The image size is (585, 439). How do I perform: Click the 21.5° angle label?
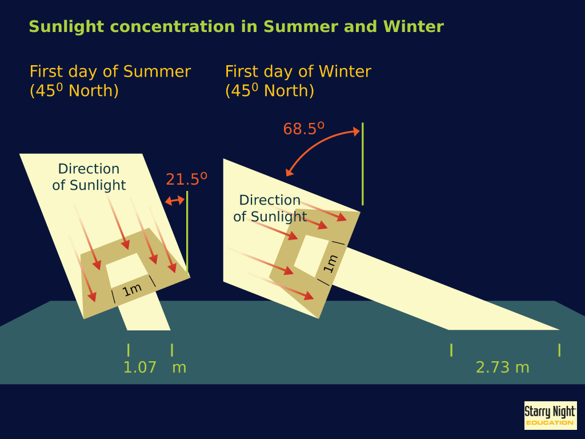(187, 179)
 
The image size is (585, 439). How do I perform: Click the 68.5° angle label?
(304, 129)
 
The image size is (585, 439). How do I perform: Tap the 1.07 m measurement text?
(155, 368)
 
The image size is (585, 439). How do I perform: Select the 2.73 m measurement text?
(503, 368)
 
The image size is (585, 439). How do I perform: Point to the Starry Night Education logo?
(550, 416)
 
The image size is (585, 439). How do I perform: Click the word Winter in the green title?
(414, 26)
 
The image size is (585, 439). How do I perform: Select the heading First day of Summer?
(110, 71)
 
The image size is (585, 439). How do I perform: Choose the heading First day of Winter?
(298, 71)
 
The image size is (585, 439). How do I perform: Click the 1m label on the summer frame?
(132, 290)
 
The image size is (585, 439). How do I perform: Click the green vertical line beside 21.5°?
(187, 232)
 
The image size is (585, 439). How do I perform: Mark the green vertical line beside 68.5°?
(363, 163)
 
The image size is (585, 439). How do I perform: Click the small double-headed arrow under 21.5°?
(175, 201)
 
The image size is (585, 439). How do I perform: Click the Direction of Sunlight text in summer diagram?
(89, 177)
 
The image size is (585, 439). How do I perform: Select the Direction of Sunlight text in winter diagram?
(270, 208)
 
